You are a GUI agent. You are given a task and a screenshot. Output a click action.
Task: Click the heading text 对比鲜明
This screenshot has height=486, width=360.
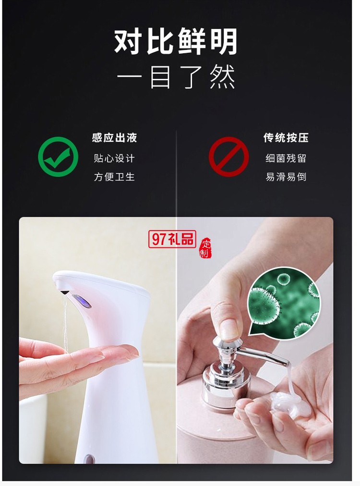176,42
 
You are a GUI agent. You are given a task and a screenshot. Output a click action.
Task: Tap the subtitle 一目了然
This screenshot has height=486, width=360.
176,77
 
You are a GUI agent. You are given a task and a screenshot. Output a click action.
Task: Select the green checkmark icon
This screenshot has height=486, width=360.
58,157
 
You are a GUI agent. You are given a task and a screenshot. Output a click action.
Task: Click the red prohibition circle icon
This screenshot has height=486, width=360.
228,157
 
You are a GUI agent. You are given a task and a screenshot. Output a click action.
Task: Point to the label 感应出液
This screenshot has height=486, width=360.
114,138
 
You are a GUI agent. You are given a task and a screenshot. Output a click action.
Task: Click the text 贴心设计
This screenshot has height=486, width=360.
114,158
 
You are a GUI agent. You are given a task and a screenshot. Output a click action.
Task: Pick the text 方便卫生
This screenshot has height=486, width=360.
114,177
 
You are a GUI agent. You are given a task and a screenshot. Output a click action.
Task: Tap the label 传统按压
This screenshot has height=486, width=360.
286,138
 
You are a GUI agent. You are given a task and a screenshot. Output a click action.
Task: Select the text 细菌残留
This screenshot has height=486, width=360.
286,158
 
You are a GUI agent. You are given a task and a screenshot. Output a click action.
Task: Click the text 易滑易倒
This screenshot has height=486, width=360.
286,177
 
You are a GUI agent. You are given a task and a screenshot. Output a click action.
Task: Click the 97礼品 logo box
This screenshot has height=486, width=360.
172,238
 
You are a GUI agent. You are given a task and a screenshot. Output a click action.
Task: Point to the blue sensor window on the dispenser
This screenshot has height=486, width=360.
82,301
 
